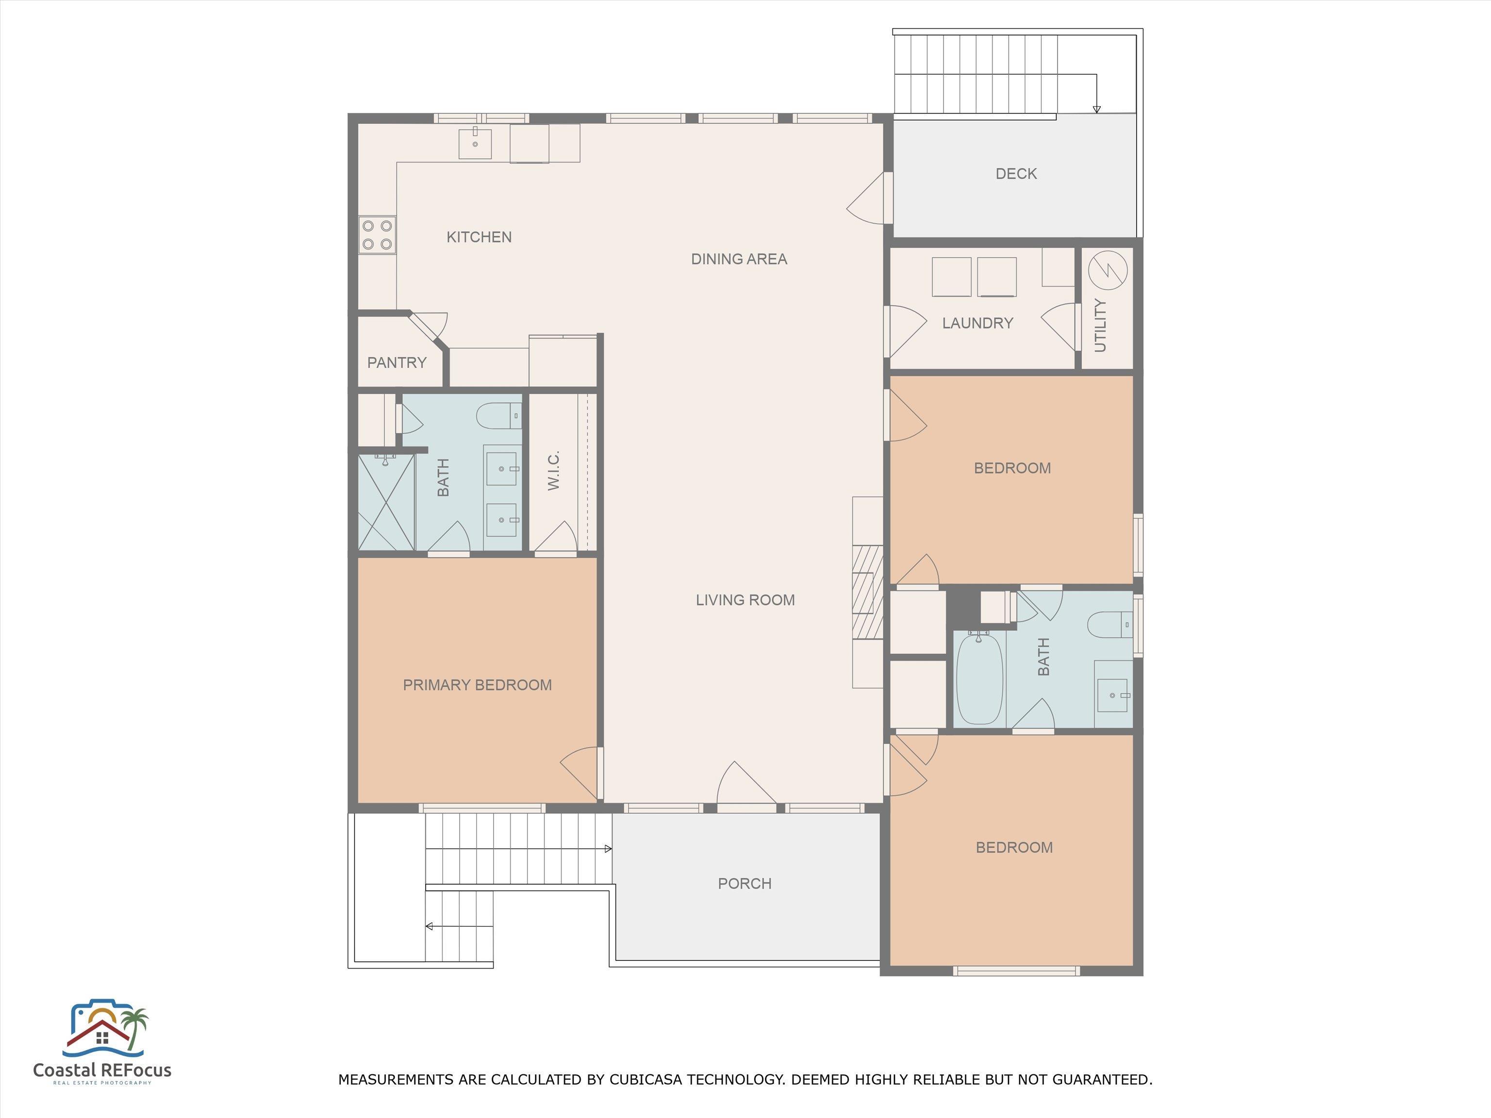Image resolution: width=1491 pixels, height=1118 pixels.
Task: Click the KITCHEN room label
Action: point(479,237)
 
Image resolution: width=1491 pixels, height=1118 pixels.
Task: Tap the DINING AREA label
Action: point(740,259)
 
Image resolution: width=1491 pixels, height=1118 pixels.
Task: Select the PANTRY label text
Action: point(397,362)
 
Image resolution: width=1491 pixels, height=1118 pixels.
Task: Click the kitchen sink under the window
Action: point(475,143)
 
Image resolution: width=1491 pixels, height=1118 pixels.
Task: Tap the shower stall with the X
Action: point(386,502)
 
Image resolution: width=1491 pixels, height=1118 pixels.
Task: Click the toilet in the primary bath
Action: point(499,416)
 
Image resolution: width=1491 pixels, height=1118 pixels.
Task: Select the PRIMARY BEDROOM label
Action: point(477,685)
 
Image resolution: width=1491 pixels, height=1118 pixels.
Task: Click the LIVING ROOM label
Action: point(745,600)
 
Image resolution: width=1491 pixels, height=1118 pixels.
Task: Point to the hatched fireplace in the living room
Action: point(868,592)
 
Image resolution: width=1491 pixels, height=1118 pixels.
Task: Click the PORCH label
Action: point(745,884)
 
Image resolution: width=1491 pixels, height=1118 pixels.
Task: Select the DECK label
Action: point(1016,174)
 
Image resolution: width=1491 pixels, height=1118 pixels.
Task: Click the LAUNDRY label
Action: point(978,324)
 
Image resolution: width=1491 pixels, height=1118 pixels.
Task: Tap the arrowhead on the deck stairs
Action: point(1097,109)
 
